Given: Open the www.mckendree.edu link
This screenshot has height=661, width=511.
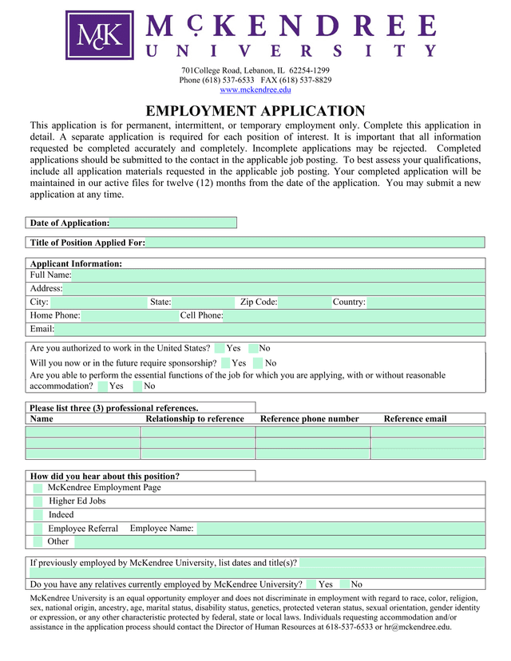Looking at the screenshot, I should click(255, 90).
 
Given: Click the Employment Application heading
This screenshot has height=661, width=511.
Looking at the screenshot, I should click(255, 112).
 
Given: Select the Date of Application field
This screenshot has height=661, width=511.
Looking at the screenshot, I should click(172, 223).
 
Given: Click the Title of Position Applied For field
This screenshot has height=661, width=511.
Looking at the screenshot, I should click(315, 243).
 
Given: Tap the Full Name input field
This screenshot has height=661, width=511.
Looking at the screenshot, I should click(278, 275).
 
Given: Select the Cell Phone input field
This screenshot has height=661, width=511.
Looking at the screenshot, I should click(354, 316).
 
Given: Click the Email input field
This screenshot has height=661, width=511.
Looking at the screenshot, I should click(269, 329).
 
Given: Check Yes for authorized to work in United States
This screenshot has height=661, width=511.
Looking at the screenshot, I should click(220, 349).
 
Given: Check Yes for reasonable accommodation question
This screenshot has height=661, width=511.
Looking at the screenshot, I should click(102, 386).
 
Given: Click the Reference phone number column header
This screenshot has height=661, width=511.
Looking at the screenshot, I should click(310, 419).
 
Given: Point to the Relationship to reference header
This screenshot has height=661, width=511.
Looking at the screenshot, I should click(195, 419).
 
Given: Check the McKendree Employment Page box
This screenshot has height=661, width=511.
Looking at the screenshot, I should click(38, 488).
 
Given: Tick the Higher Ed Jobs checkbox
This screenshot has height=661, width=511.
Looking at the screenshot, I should click(38, 501).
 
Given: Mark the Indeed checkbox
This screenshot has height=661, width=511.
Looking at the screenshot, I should click(38, 515).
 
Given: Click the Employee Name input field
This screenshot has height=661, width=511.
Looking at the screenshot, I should click(339, 528).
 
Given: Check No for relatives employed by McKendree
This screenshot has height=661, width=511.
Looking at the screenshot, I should click(344, 584).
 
